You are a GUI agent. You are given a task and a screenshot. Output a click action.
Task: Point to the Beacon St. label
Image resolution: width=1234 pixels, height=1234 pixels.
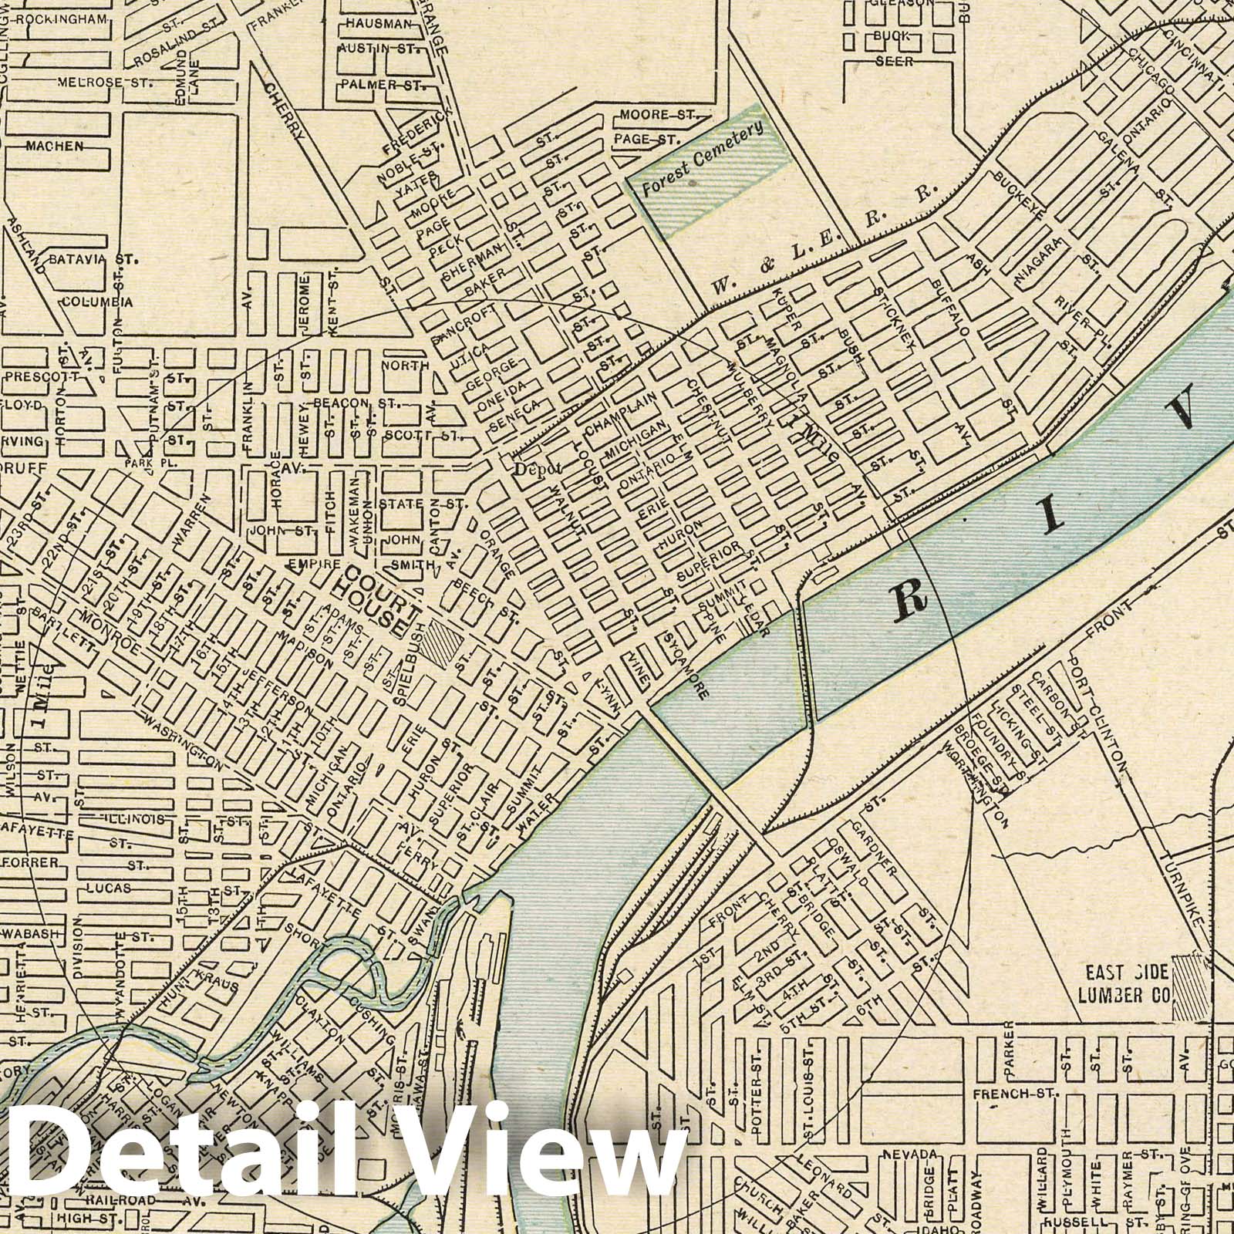point(354,403)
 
